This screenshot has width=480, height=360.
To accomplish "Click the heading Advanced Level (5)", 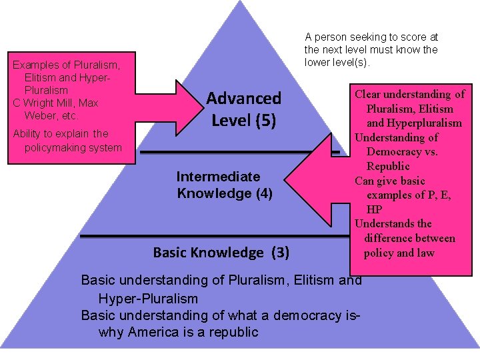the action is [243, 109].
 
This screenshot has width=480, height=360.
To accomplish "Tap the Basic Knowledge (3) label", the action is [221, 253].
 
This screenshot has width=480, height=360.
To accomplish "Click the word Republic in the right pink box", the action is [389, 166].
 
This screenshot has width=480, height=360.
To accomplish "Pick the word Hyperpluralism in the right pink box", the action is [414, 123].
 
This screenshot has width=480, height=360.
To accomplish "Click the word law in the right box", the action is [425, 253].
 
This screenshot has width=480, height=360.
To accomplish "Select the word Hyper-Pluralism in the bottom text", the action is [148, 298].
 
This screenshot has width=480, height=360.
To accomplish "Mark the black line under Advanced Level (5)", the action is [233, 153].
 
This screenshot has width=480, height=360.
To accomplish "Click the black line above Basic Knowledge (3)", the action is [213, 235].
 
